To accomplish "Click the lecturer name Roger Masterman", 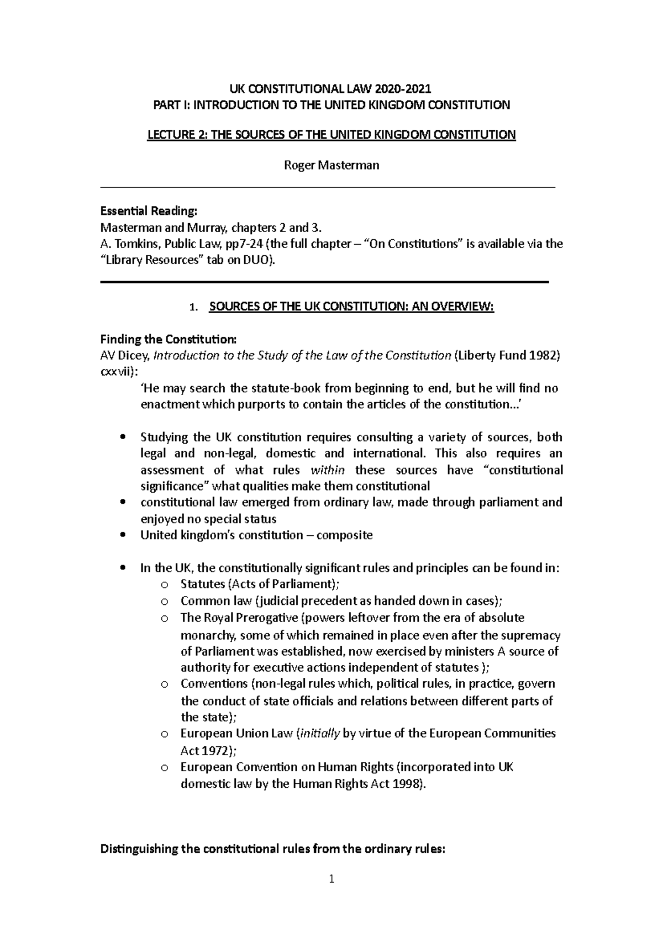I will click(331, 165).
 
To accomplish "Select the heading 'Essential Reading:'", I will click(148, 211).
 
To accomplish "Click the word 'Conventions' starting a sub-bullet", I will click(214, 683).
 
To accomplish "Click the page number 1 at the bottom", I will click(331, 879).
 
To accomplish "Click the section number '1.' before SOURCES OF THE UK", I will click(193, 308).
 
